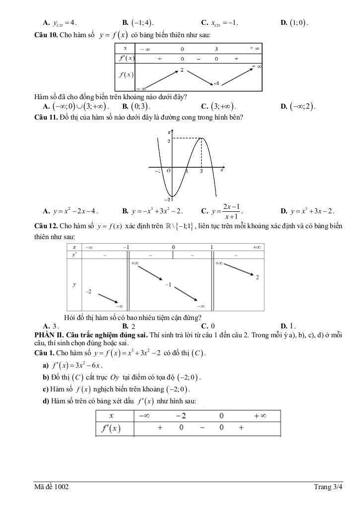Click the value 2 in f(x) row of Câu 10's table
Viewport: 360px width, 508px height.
182,70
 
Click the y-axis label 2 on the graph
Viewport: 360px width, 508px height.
168,141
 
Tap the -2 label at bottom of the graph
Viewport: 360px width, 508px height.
168,199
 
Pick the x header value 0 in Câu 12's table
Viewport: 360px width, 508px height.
173,247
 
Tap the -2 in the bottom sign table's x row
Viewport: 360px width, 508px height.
182,415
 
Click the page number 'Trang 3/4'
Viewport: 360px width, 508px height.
328,487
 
